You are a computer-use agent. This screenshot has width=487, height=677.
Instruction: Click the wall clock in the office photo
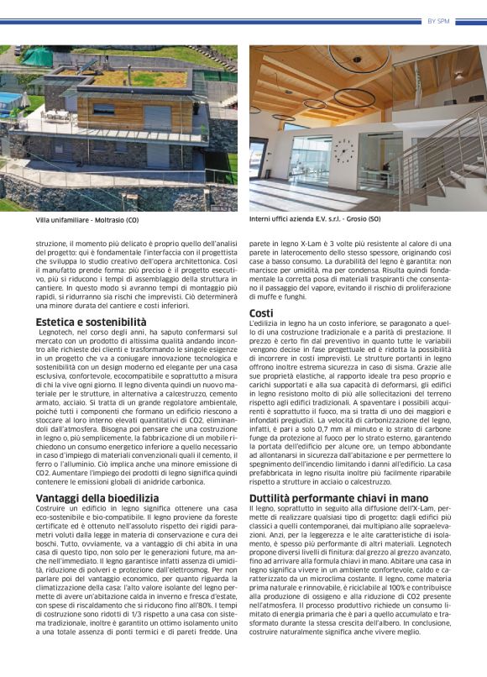[x=343, y=152]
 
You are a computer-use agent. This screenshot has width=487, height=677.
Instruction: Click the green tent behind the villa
[x=35, y=56]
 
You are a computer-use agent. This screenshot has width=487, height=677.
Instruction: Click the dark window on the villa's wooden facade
[x=105, y=109]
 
